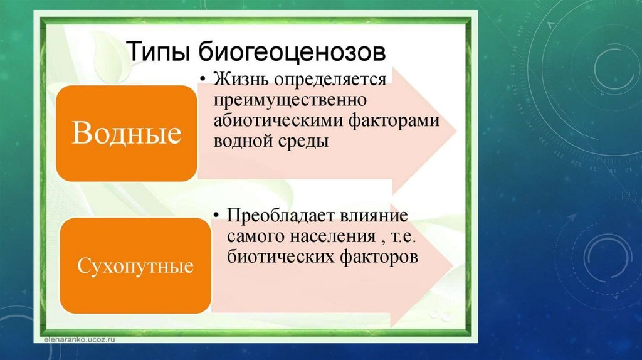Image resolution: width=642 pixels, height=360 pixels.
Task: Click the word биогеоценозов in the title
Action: pos(292,51)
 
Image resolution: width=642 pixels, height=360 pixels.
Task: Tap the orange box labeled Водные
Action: pos(127,133)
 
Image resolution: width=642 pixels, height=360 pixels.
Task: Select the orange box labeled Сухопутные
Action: pos(135,265)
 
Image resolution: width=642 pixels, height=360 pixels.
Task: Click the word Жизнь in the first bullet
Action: pos(241,79)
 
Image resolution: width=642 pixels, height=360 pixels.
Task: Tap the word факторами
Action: pos(394,121)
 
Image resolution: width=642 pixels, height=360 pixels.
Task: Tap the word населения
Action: pos(333,236)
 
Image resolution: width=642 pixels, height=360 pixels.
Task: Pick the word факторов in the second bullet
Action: pos(379,257)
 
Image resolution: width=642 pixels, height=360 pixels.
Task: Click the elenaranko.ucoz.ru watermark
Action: pos(80,339)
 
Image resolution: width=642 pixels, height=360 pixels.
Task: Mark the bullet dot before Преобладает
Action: pos(217,214)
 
